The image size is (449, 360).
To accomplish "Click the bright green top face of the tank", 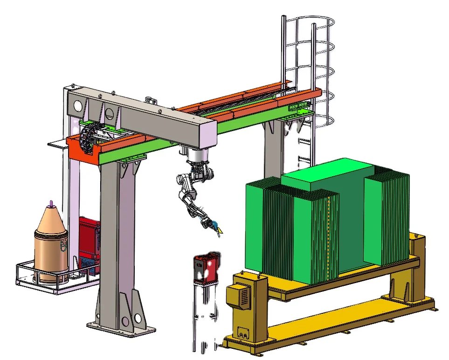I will click(x=326, y=170).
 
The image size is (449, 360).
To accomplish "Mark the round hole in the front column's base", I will click(x=138, y=318).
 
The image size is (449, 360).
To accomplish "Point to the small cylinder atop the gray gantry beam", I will click(x=150, y=100).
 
